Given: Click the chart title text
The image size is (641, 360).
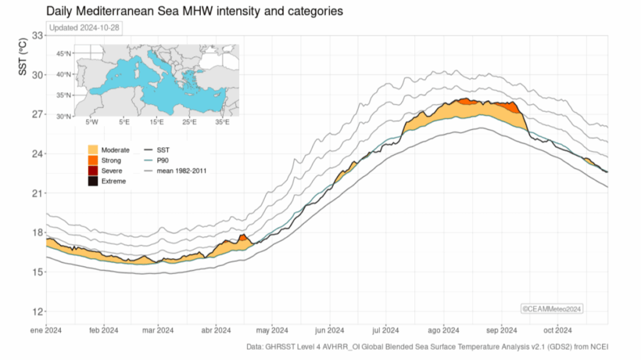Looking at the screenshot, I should pos(195,11).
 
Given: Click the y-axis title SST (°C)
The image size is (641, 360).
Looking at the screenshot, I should pos(23,57).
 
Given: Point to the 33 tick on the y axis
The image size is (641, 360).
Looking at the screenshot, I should pos(37,36).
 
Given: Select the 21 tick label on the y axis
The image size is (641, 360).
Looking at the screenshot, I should pos(37,193).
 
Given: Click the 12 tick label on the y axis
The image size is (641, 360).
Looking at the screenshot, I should pos(37,312).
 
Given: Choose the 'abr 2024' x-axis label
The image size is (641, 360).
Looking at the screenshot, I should pos(215,331).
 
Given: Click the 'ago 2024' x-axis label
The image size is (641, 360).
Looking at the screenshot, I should pos(443,331).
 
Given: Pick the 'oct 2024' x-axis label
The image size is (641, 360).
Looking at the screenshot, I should pos(557,331).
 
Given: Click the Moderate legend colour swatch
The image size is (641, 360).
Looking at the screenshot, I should pos(93,150).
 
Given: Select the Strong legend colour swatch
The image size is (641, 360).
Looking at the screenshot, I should pos(93,160).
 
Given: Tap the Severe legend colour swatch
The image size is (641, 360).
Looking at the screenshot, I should pos(93,170).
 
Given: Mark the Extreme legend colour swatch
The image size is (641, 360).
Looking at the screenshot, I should pos(93,181).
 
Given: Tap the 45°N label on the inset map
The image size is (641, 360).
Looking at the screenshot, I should pos(64,54).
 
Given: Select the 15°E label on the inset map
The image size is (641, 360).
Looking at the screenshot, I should pos(156,122).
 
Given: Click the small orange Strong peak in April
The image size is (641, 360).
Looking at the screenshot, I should pos(243,238).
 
